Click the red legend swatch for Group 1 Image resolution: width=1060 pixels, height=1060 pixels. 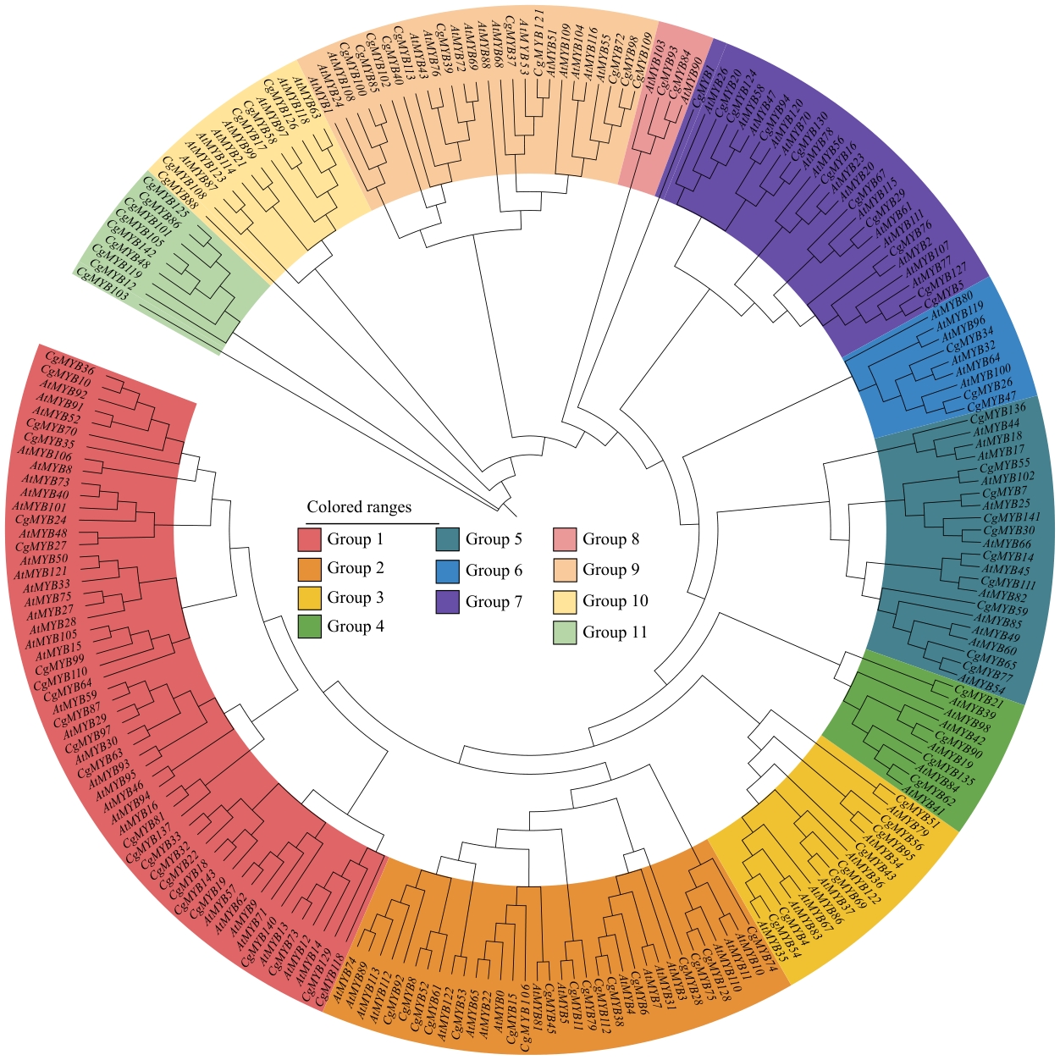point(309,539)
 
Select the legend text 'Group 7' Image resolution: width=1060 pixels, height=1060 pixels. point(494,602)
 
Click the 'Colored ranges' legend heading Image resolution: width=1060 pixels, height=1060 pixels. point(359,507)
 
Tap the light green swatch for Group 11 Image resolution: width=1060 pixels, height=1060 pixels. point(565,632)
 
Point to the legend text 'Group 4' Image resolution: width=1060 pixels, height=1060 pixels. point(356,627)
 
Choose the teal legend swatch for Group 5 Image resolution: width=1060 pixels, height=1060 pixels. point(447,539)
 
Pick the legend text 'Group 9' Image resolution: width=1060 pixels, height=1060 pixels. point(610,570)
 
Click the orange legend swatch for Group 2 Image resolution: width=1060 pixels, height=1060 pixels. point(309,569)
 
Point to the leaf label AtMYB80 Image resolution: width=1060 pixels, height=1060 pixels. point(952,302)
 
